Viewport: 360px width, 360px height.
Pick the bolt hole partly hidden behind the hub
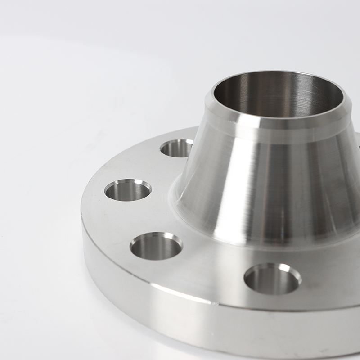point(176,148)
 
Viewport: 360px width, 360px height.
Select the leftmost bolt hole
point(128,190)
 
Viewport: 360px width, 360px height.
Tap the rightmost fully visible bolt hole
point(273,279)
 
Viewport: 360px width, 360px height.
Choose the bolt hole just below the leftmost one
point(156,246)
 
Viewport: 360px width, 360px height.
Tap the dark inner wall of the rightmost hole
point(270,283)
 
